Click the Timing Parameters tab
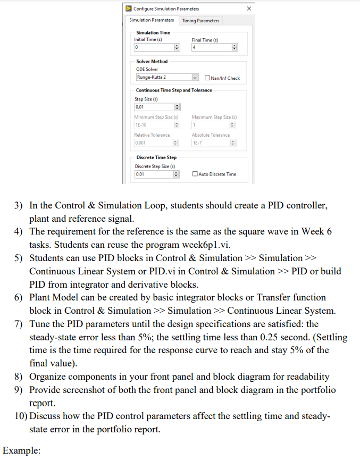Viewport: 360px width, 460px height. (x=200, y=21)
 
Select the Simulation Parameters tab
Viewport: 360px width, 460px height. (x=152, y=20)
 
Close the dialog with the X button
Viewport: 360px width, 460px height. (x=249, y=9)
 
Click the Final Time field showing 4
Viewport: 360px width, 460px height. (x=211, y=48)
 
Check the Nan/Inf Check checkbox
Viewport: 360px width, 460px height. (x=207, y=78)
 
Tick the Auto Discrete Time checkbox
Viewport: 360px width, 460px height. (x=195, y=174)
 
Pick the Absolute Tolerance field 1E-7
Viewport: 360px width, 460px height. (x=211, y=143)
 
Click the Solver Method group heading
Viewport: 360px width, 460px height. (x=152, y=62)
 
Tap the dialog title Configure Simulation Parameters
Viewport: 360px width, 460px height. (x=166, y=9)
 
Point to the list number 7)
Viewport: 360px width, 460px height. (x=20, y=324)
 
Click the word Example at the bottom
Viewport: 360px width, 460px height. (x=21, y=450)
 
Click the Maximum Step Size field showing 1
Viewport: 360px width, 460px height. (x=211, y=125)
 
